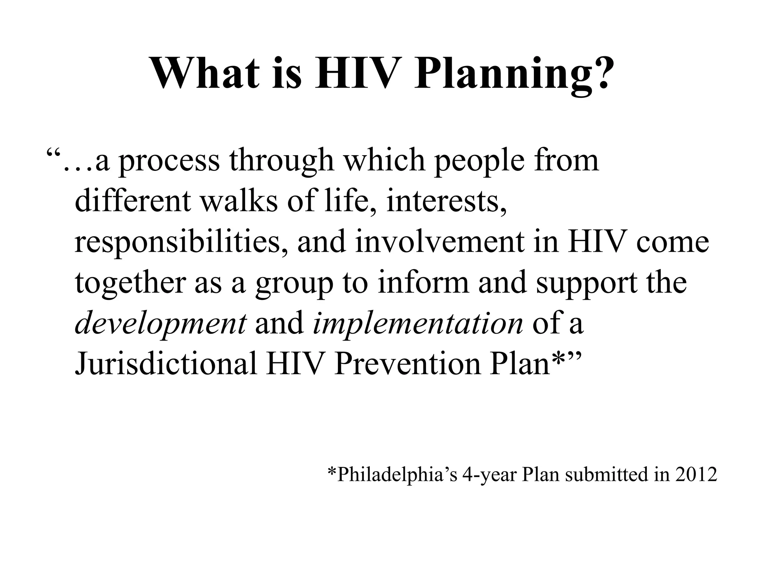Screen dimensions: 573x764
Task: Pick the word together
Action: (130, 283)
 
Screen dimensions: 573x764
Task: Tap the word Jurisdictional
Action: (166, 364)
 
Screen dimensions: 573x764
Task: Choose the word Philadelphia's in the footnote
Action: (392, 475)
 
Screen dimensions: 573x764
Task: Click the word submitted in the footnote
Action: (607, 475)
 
